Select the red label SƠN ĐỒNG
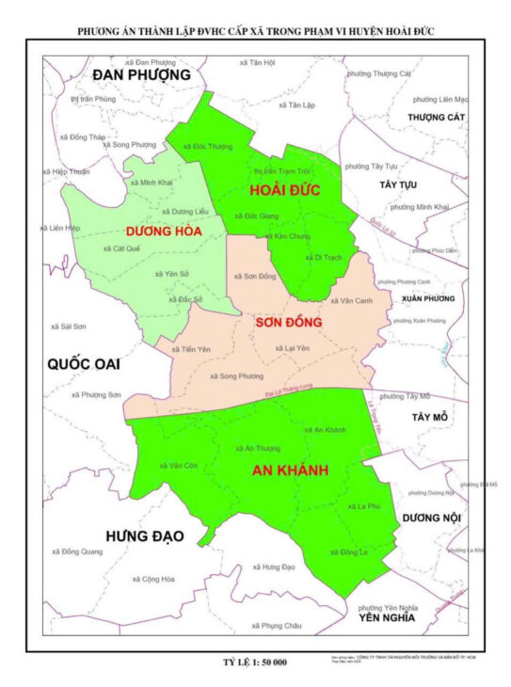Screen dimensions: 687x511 click(x=289, y=323)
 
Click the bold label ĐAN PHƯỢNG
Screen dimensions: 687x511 click(x=141, y=74)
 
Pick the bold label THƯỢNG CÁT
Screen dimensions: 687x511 click(x=437, y=117)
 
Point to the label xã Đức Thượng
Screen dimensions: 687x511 click(x=208, y=147)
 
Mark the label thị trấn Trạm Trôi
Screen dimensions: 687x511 click(x=282, y=172)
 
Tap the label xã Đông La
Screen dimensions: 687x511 click(x=348, y=552)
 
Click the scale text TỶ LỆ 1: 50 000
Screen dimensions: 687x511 click(x=254, y=663)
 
